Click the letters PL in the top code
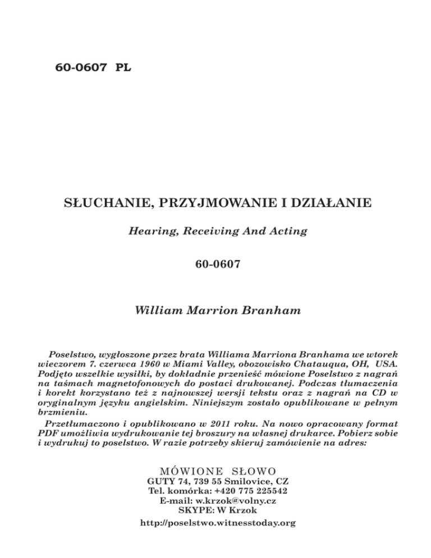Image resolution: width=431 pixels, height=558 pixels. pos(123,68)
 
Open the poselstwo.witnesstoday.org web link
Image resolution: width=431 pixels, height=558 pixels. pos(215,523)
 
